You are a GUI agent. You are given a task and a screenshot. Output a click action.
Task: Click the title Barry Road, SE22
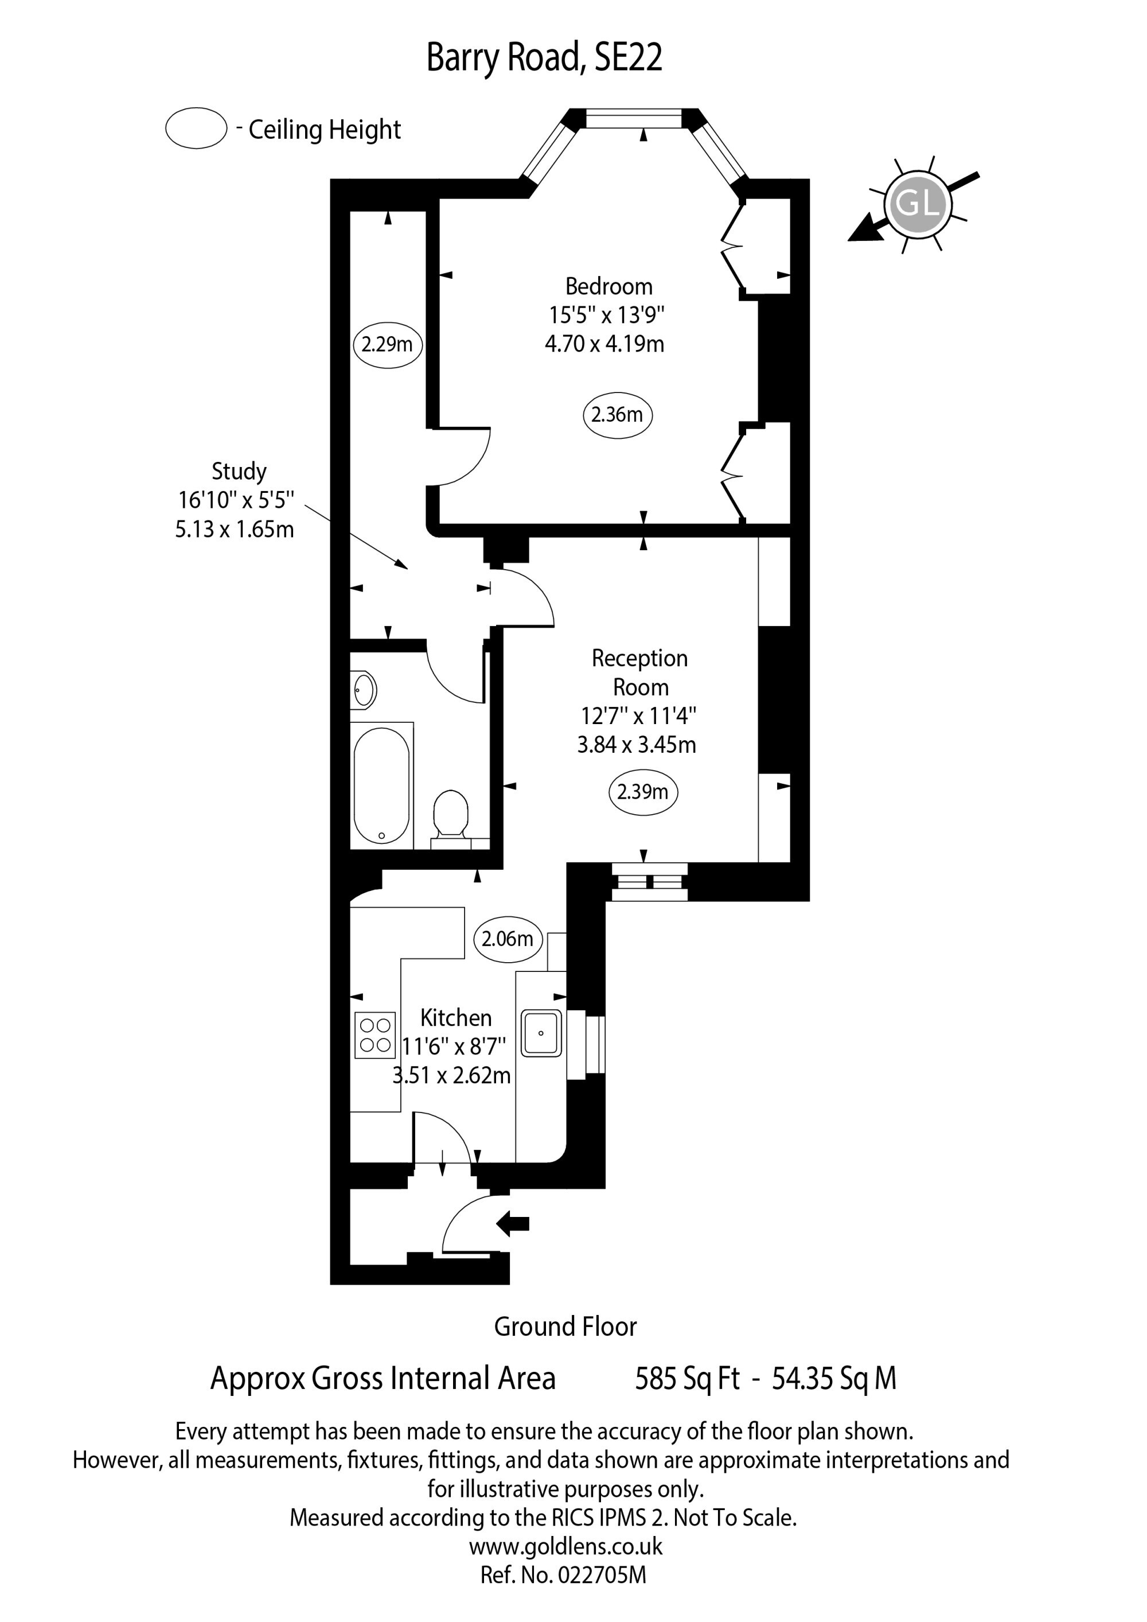(x=545, y=59)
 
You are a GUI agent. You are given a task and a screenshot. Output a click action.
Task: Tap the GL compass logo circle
(x=918, y=204)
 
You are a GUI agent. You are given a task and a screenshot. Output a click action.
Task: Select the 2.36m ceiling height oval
(x=617, y=415)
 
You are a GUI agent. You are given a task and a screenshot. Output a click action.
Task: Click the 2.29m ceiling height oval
(x=388, y=345)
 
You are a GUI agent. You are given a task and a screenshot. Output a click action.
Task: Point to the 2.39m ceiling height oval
(x=643, y=792)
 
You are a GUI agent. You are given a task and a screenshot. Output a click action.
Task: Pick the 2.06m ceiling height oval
(x=508, y=939)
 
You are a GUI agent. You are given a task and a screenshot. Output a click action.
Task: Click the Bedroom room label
(x=609, y=286)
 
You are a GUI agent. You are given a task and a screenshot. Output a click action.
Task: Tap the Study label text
(x=239, y=472)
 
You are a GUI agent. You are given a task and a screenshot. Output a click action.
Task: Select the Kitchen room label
(x=455, y=1018)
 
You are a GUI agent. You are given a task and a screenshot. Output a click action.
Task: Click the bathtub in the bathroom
(x=381, y=785)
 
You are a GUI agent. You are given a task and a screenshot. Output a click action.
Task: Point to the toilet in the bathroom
(x=451, y=819)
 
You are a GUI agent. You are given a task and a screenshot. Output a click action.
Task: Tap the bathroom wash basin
(x=364, y=689)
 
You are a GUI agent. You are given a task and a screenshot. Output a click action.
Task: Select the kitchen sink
(x=541, y=1033)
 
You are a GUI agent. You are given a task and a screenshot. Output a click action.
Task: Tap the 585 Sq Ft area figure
(x=687, y=1378)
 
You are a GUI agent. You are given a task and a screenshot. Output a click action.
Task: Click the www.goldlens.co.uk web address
(x=565, y=1547)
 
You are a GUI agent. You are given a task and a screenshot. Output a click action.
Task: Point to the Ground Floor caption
(x=565, y=1327)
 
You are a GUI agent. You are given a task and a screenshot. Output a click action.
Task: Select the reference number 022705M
(x=564, y=1575)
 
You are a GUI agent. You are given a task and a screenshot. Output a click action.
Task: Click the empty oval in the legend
(x=196, y=128)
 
